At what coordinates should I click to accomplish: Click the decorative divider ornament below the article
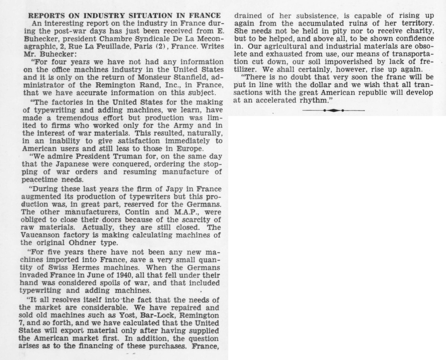(x=333, y=110)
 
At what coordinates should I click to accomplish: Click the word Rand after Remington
(x=147, y=85)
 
